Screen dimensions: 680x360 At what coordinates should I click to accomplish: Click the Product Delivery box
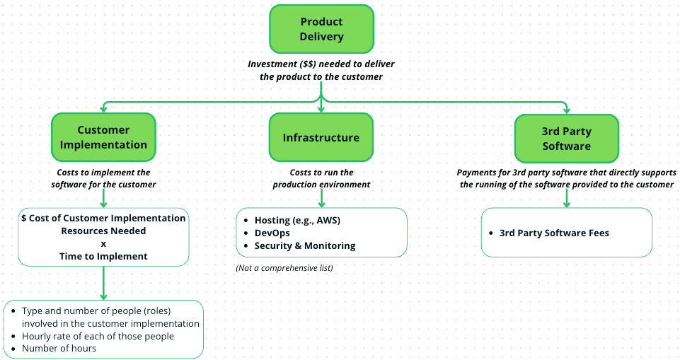click(321, 29)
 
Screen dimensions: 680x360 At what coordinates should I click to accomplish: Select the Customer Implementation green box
click(103, 137)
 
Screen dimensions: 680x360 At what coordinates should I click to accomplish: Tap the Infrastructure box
click(321, 137)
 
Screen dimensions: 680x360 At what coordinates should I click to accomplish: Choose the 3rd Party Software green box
click(566, 139)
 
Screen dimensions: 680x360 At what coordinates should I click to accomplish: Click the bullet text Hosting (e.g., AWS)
click(297, 220)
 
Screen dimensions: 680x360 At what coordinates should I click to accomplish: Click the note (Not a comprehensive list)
click(284, 268)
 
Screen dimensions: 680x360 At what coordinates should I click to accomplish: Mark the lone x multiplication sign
click(103, 244)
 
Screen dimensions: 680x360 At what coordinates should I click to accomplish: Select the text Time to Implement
click(103, 257)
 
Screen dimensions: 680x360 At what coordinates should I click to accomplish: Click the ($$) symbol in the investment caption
click(308, 64)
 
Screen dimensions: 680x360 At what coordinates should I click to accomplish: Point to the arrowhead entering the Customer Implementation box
click(103, 108)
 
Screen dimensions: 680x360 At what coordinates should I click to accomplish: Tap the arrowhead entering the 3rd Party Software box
click(566, 110)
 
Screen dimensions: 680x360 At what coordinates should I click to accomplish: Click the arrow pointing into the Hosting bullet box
click(321, 199)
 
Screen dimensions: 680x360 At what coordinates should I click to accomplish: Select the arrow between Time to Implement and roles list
click(103, 283)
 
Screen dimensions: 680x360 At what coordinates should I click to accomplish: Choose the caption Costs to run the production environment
click(321, 178)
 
